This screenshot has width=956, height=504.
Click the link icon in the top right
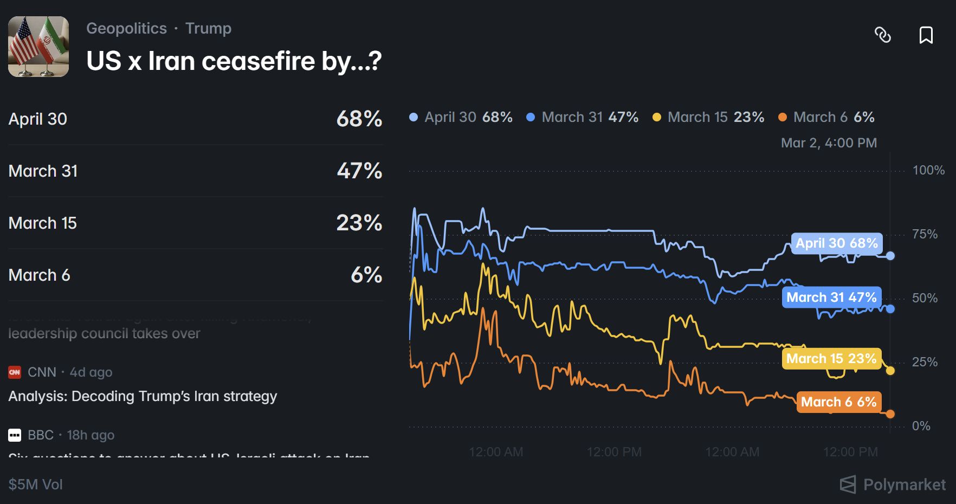coord(883,35)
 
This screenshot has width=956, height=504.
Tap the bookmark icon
coord(926,35)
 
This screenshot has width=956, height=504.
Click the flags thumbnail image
coord(38,47)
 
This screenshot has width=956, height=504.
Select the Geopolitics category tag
coord(126,28)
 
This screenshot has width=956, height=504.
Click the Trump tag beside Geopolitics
coord(208,28)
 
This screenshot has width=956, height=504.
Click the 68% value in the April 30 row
coord(359,119)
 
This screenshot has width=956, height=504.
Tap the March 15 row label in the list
coord(43,223)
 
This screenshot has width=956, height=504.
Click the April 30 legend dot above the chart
coord(414,117)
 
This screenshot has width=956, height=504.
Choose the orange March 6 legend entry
coord(826,117)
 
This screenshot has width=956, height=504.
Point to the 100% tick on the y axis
coord(928,170)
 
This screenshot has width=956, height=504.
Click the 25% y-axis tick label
coord(925,362)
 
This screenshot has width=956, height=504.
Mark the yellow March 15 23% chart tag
coord(831,359)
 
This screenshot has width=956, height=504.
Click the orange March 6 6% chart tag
coord(838,402)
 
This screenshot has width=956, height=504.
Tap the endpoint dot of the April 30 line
coord(890,256)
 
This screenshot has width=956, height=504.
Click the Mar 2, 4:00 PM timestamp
coord(829,143)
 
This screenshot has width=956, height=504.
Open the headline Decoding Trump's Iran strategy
coord(143,396)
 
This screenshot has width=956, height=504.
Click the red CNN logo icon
coord(15,372)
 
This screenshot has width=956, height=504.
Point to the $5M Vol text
coord(36,484)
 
